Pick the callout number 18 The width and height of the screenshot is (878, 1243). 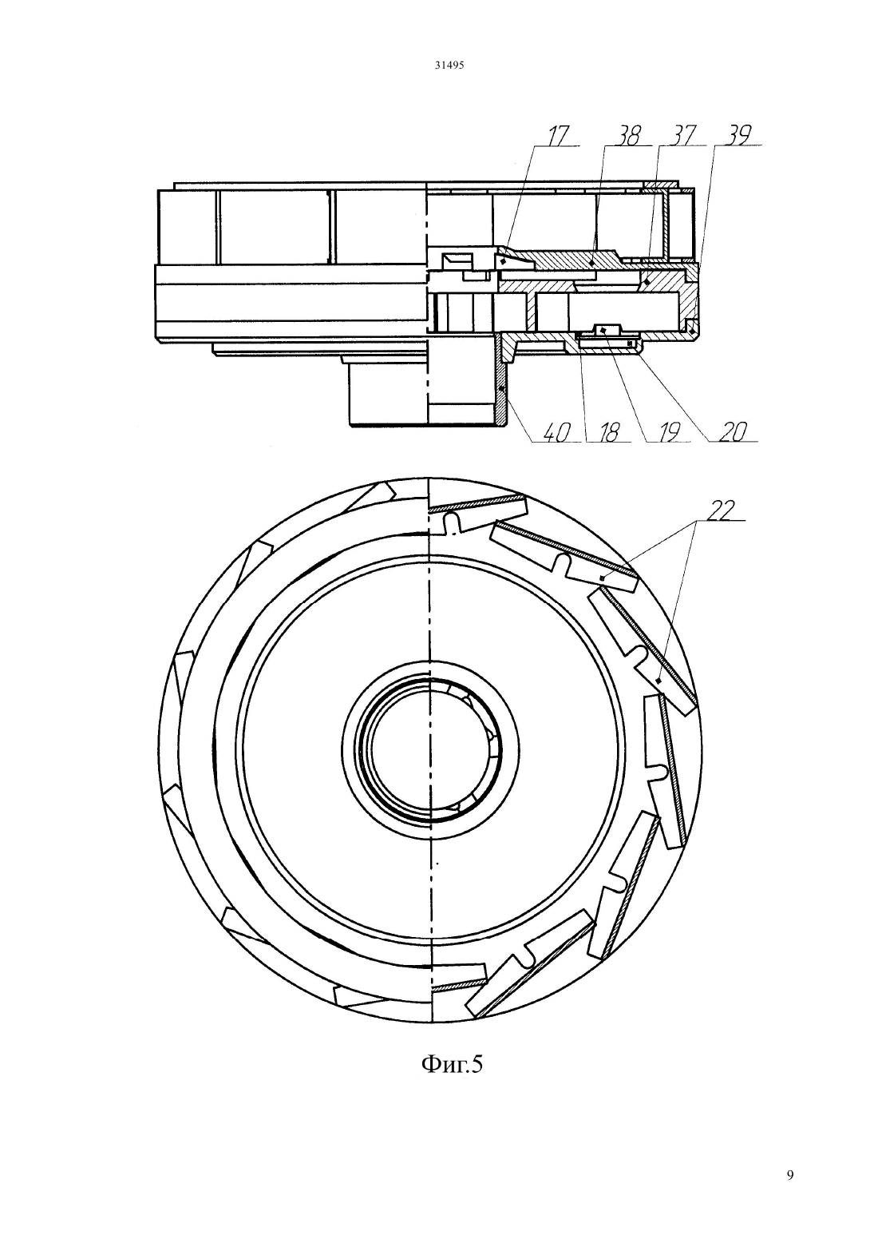tap(608, 433)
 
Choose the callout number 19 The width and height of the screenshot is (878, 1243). tap(669, 433)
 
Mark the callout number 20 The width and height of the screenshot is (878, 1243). tap(732, 432)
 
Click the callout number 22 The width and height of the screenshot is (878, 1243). tap(722, 510)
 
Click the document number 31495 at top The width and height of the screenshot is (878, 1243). tap(449, 65)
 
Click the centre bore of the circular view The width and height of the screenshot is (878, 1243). tap(430, 749)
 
